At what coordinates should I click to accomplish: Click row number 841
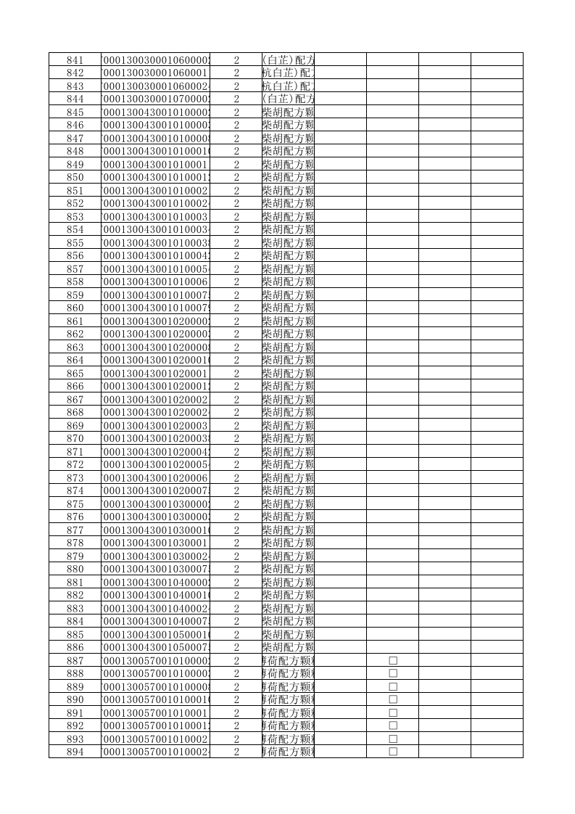pos(75,59)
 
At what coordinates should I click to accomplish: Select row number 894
pos(75,752)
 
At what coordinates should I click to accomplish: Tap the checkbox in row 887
pos(393,660)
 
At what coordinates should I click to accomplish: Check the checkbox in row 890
pos(393,699)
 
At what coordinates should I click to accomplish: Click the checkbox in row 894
pos(393,752)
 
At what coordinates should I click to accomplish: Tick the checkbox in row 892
pos(393,725)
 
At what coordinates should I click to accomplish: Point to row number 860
pos(75,308)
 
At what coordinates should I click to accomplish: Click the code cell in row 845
pos(156,112)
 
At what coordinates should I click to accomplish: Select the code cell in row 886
pos(156,647)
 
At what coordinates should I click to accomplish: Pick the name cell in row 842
pos(288,73)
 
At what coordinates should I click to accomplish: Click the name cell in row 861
pos(288,321)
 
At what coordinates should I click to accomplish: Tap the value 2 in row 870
pos(236,438)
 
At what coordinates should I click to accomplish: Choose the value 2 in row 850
pos(236,177)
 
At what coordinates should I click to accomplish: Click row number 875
pos(75,503)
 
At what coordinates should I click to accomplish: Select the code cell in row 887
pos(156,660)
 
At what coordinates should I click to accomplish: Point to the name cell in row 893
pos(288,739)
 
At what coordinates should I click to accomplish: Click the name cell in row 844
pos(288,99)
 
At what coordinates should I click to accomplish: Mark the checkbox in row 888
pos(393,673)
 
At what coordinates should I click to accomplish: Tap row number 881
pos(75,582)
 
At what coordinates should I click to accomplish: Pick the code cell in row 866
pos(156,386)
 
